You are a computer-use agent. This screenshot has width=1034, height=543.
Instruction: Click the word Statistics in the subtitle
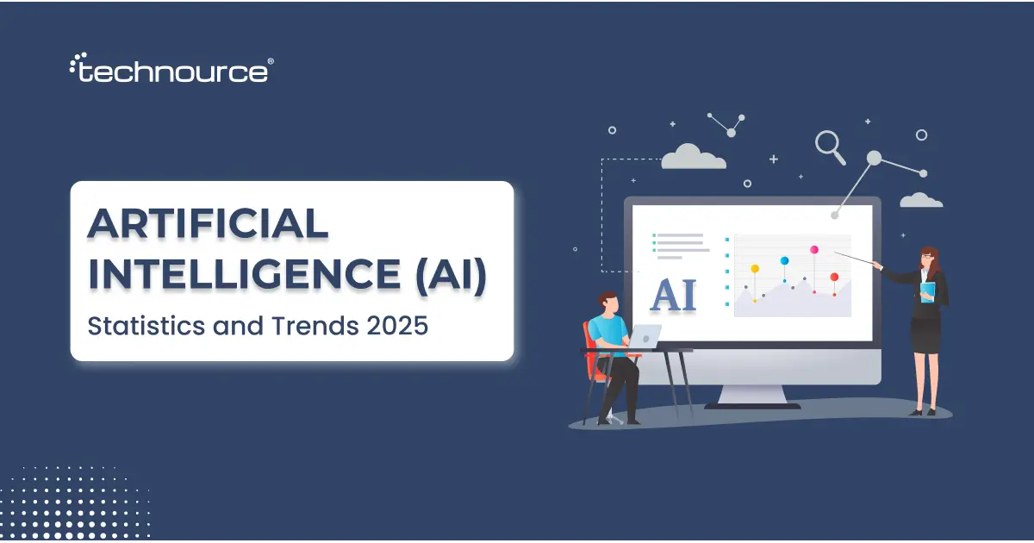pyautogui.click(x=141, y=328)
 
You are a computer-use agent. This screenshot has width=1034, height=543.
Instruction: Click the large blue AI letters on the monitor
pyautogui.click(x=674, y=294)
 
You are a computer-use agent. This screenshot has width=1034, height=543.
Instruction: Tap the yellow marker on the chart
pyautogui.click(x=755, y=269)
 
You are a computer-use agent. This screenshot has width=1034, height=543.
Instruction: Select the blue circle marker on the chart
pyautogui.click(x=784, y=260)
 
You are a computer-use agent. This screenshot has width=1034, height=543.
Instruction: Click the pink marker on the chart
pyautogui.click(x=813, y=250)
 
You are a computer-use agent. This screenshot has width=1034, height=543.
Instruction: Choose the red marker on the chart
pyautogui.click(x=834, y=277)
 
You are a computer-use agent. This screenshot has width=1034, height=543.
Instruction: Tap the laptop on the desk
pyautogui.click(x=645, y=336)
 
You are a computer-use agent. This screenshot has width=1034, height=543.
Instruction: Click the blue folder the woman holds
pyautogui.click(x=927, y=292)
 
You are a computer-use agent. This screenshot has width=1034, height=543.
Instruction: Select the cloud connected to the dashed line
pyautogui.click(x=693, y=157)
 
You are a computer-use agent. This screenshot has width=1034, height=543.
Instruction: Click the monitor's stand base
pyautogui.click(x=752, y=403)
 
